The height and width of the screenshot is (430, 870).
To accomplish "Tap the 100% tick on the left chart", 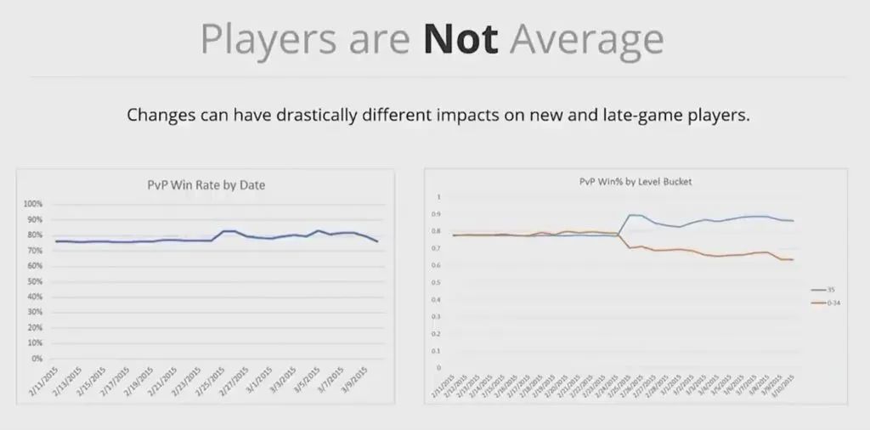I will point(32,204).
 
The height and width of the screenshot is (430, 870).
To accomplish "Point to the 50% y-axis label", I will point(34,281).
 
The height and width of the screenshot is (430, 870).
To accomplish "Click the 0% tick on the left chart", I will point(37,359).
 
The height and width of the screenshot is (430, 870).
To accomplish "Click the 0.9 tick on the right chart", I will point(438,214).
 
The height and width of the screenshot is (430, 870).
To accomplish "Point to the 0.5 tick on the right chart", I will point(438,282).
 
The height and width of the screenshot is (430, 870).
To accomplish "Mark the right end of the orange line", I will point(793,259).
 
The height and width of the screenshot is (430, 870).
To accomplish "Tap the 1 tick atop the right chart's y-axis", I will point(439,197).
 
